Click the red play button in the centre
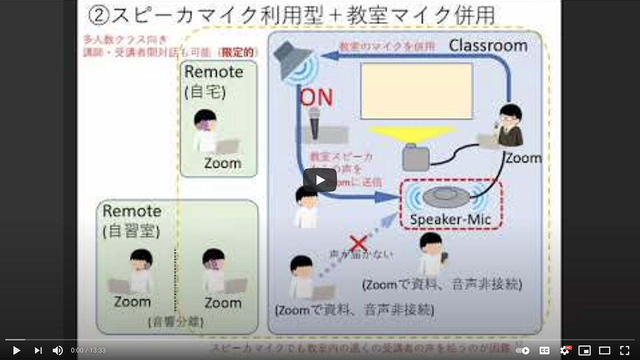click(x=320, y=180)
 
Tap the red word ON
click(x=317, y=98)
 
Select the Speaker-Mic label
click(x=450, y=219)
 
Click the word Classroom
click(x=488, y=45)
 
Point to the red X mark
click(x=358, y=243)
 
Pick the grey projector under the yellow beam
click(x=416, y=155)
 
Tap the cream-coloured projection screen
click(x=417, y=91)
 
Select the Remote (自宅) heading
click(x=213, y=82)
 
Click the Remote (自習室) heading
click(x=132, y=220)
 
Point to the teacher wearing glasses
click(x=509, y=126)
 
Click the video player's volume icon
click(x=58, y=350)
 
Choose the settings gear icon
click(x=564, y=350)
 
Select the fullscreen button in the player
click(x=625, y=350)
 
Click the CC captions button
click(x=545, y=350)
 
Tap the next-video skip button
click(x=38, y=350)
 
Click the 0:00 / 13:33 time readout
click(x=88, y=350)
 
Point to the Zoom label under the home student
click(x=222, y=163)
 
